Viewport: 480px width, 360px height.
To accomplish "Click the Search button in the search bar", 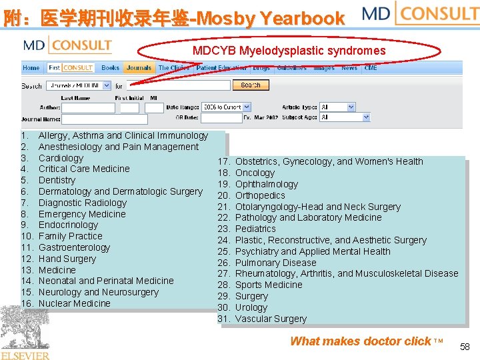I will click(x=251, y=85).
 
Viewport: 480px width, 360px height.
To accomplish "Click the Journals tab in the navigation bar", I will click(x=139, y=68).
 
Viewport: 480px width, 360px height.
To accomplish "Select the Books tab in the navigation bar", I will click(x=111, y=68).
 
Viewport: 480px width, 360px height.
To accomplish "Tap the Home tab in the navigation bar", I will click(x=31, y=68).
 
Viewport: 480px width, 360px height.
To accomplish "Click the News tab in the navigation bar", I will click(x=349, y=68).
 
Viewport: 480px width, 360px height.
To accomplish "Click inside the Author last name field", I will click(x=87, y=107).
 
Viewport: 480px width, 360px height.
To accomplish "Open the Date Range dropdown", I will click(x=223, y=107).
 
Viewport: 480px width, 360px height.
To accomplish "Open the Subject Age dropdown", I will click(x=345, y=117).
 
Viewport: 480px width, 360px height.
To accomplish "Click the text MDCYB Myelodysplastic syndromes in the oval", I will click(x=289, y=51).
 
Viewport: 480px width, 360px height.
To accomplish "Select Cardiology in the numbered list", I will click(x=61, y=158).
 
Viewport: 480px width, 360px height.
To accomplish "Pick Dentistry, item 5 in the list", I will click(x=57, y=180).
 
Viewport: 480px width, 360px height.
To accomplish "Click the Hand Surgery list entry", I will click(x=67, y=259).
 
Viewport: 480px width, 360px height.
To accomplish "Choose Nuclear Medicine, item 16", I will click(x=75, y=303).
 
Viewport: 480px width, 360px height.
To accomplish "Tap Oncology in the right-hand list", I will click(x=255, y=173).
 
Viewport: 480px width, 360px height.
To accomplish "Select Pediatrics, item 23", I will click(x=255, y=229).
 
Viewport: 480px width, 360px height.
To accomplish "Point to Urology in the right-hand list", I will click(x=251, y=307).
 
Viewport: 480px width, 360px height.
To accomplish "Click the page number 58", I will click(x=465, y=347).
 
